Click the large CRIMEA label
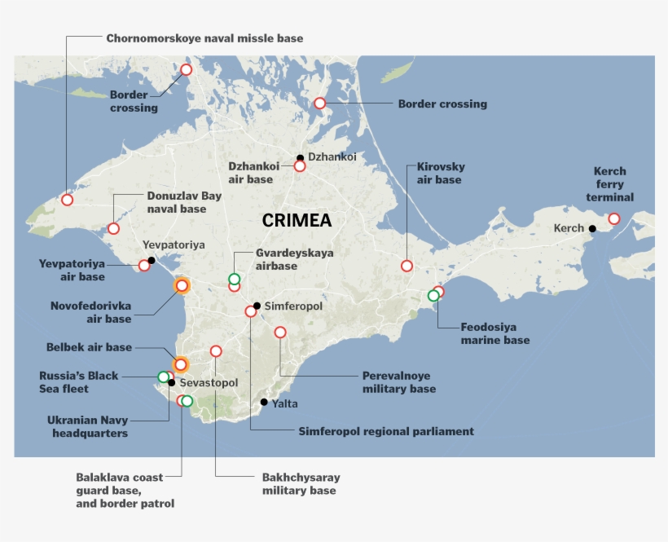[x=297, y=221]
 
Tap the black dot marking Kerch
[x=592, y=228]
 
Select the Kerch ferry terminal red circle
[x=613, y=218]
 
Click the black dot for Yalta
[x=264, y=402]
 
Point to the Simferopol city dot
[x=257, y=306]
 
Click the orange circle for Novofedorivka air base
[x=182, y=285]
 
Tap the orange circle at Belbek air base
[x=181, y=364]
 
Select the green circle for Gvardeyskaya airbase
[x=235, y=279]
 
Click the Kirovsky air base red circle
[x=407, y=266]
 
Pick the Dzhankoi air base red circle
[x=299, y=166]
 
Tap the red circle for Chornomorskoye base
[x=67, y=200]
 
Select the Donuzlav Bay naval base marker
[x=113, y=229]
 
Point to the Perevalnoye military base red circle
[x=280, y=332]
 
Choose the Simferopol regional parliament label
[x=385, y=431]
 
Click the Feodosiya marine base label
[x=494, y=333]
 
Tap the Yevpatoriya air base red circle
[x=144, y=265]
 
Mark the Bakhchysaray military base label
[x=301, y=483]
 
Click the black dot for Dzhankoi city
[x=300, y=157]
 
